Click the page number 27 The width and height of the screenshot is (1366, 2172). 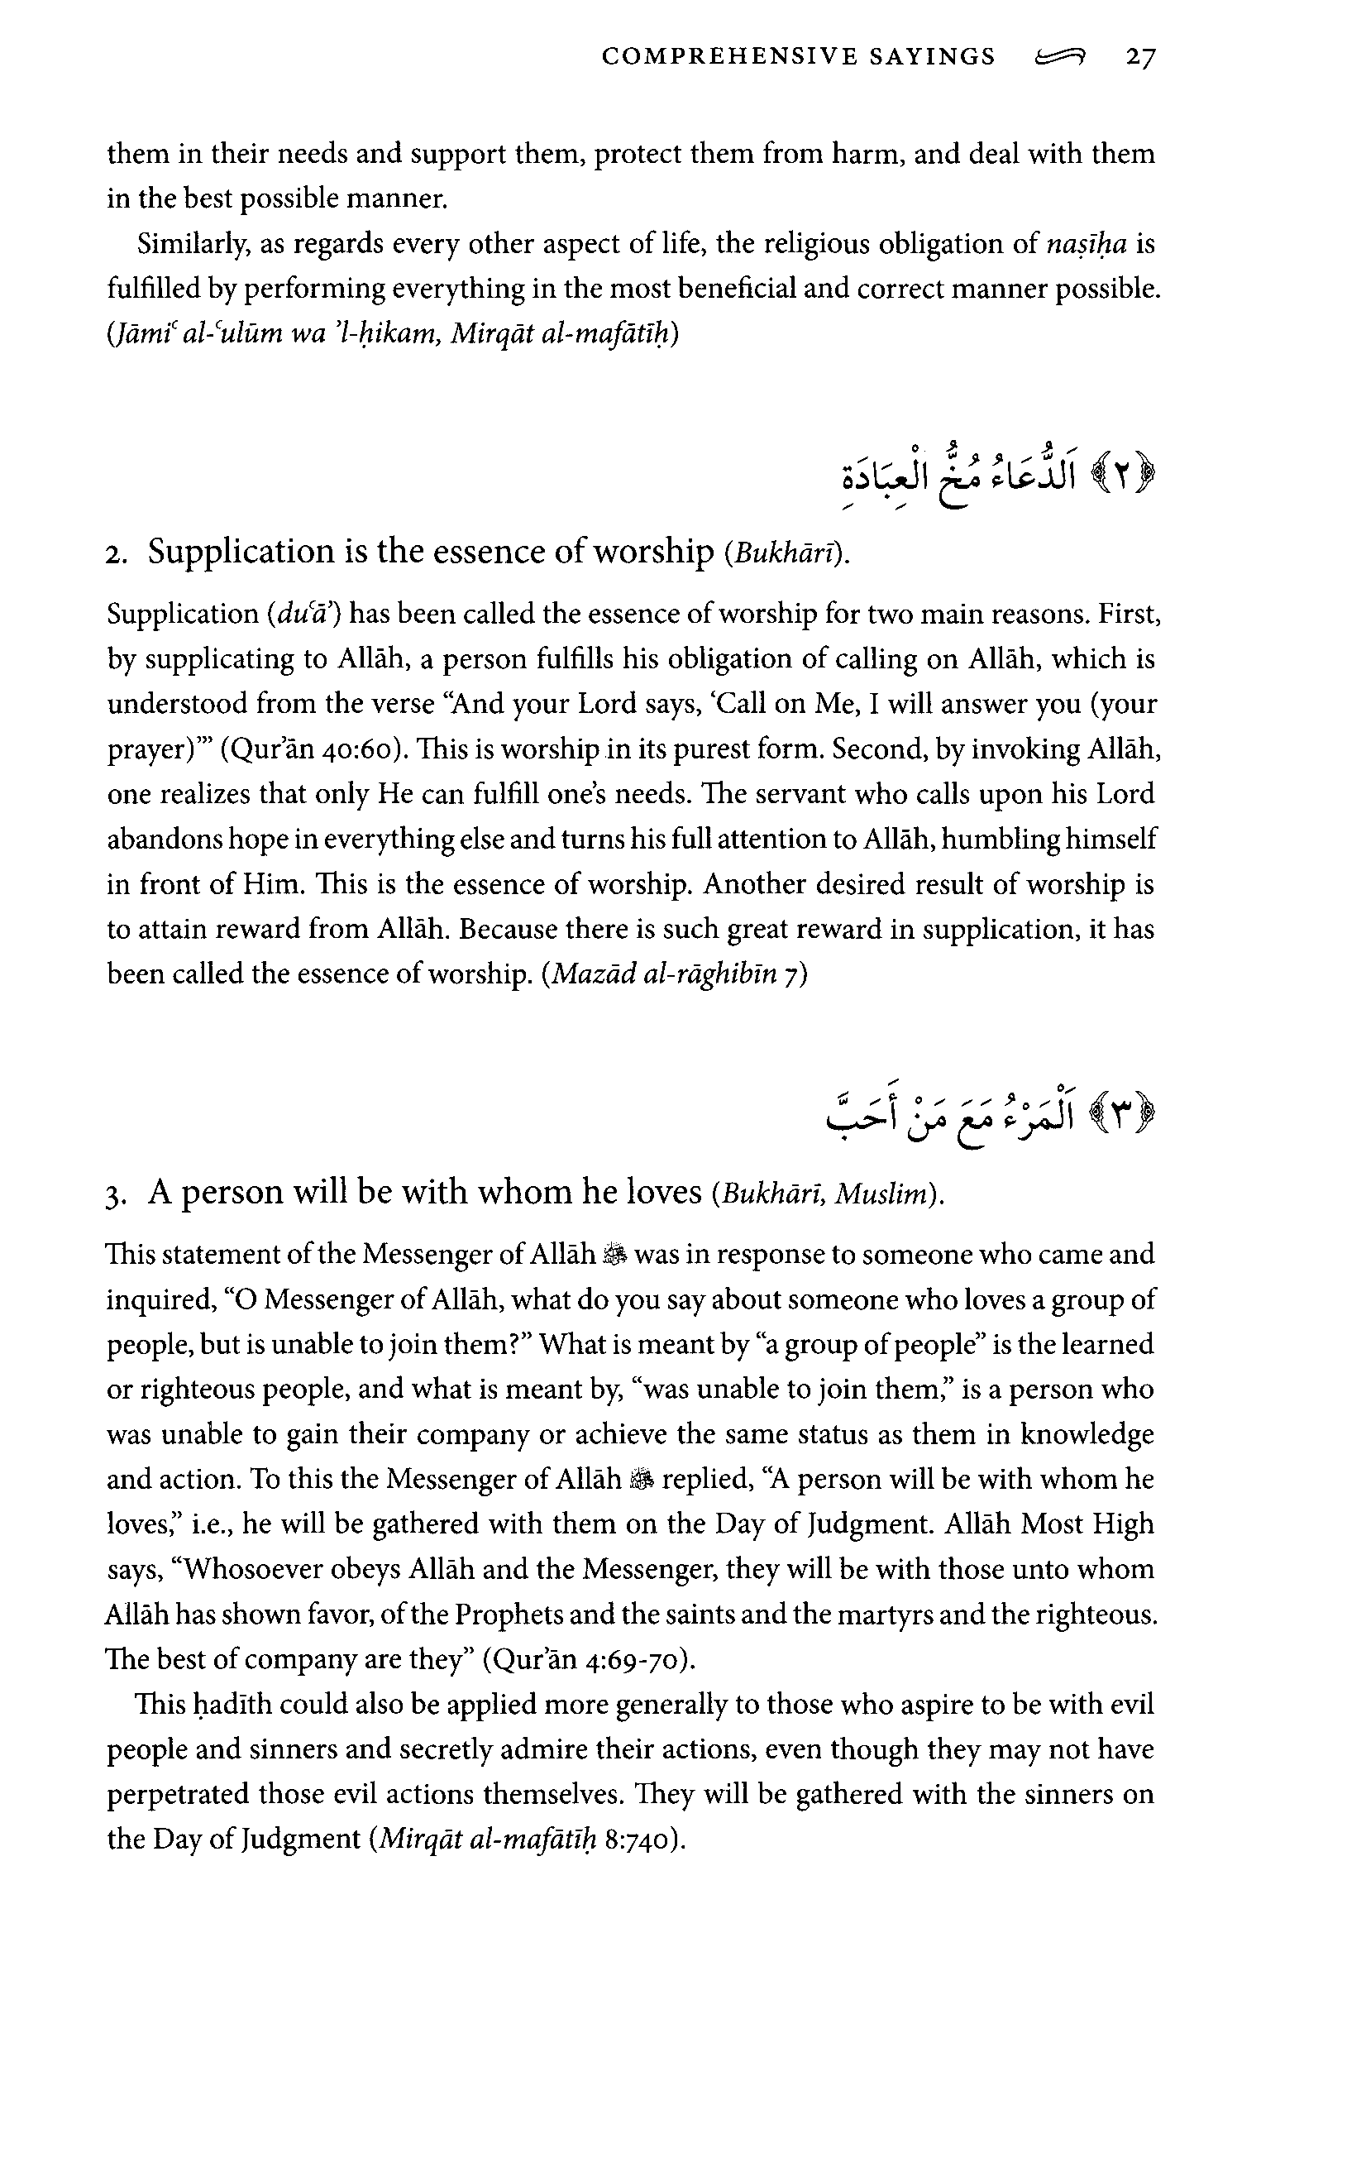coord(1139,58)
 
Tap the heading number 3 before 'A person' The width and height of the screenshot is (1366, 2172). coord(112,1196)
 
